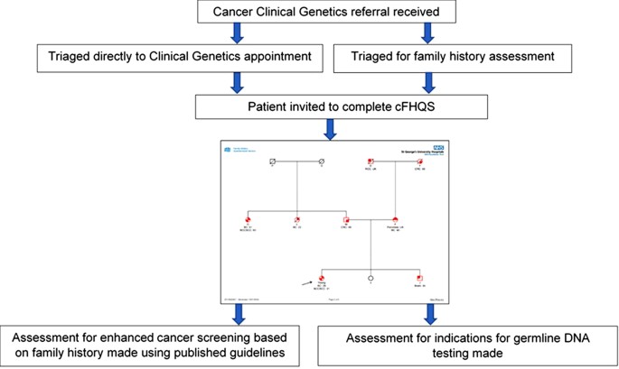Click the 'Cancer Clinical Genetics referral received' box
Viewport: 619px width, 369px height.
coord(314,12)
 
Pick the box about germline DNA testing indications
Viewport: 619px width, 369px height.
coord(469,345)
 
